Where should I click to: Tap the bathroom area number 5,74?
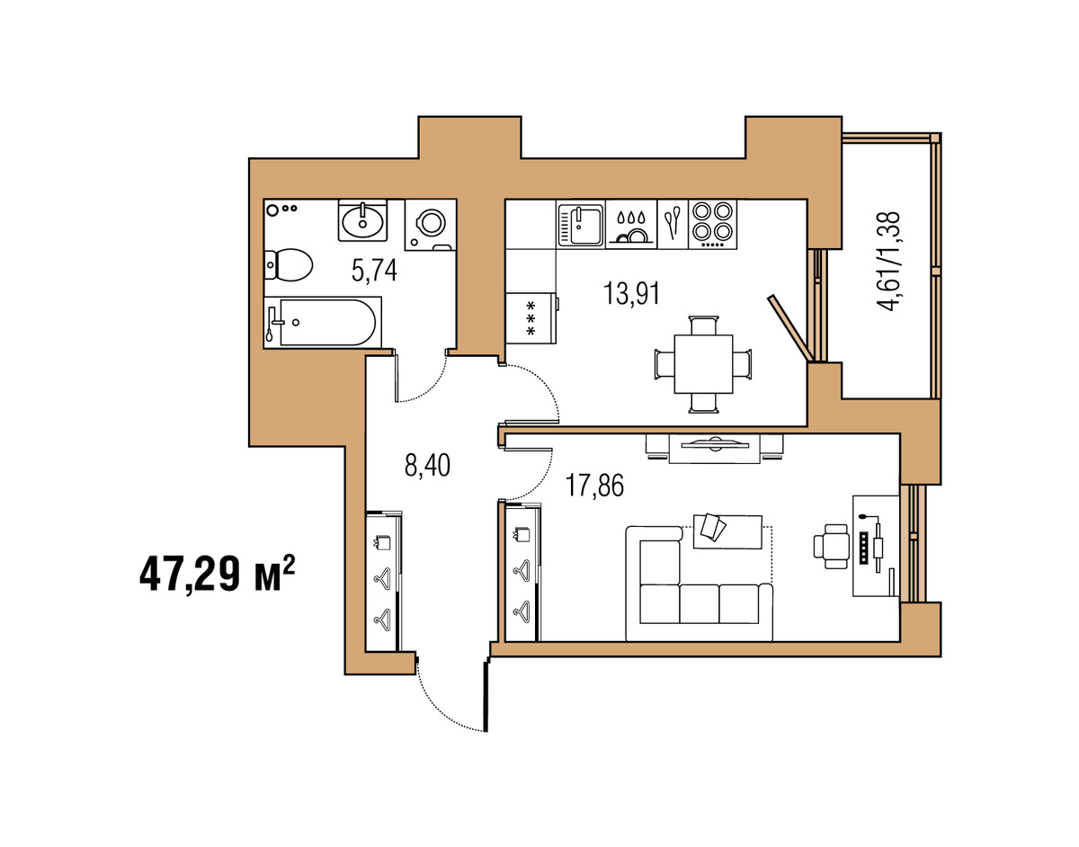pyautogui.click(x=374, y=271)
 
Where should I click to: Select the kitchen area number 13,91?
pyautogui.click(x=631, y=293)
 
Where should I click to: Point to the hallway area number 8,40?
pyautogui.click(x=427, y=466)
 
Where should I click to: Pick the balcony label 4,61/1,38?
pyautogui.click(x=888, y=261)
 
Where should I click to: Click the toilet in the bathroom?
pyautogui.click(x=288, y=265)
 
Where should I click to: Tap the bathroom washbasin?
pyautogui.click(x=362, y=221)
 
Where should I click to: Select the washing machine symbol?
pyautogui.click(x=430, y=225)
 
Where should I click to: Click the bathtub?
pyautogui.click(x=323, y=322)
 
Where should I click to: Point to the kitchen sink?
pyautogui.click(x=581, y=225)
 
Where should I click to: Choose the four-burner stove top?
pyautogui.click(x=712, y=225)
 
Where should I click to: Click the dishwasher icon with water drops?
pyautogui.click(x=631, y=225)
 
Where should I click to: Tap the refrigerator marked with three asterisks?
pyautogui.click(x=531, y=317)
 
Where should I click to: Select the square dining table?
pyautogui.click(x=703, y=364)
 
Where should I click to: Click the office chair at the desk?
pyautogui.click(x=831, y=547)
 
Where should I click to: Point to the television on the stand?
pyautogui.click(x=715, y=444)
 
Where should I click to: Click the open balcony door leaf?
pyautogui.click(x=790, y=327)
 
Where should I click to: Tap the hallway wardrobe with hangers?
pyautogui.click(x=383, y=581)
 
